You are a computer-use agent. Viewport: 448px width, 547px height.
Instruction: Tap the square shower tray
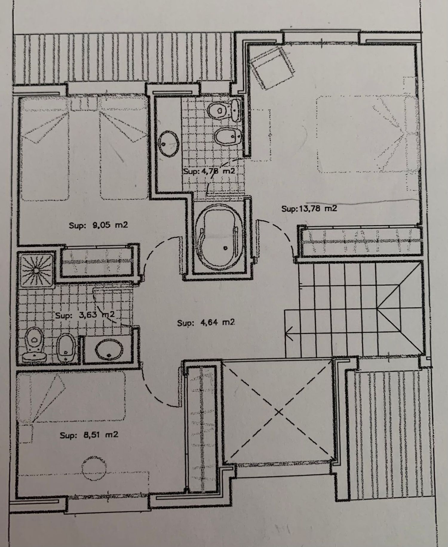pos(36,270)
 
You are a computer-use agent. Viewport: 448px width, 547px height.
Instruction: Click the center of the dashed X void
pos(279,412)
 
